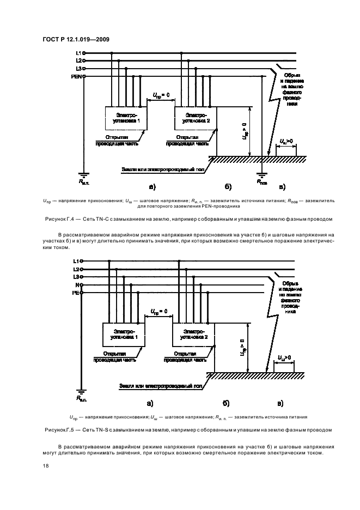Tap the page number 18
(45, 466)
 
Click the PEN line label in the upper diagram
(76, 76)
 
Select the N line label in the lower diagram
(77, 284)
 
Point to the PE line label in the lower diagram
(76, 293)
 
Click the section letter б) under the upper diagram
(228, 187)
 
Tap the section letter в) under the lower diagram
(280, 404)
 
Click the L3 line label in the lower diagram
(77, 277)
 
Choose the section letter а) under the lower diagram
(150, 404)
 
